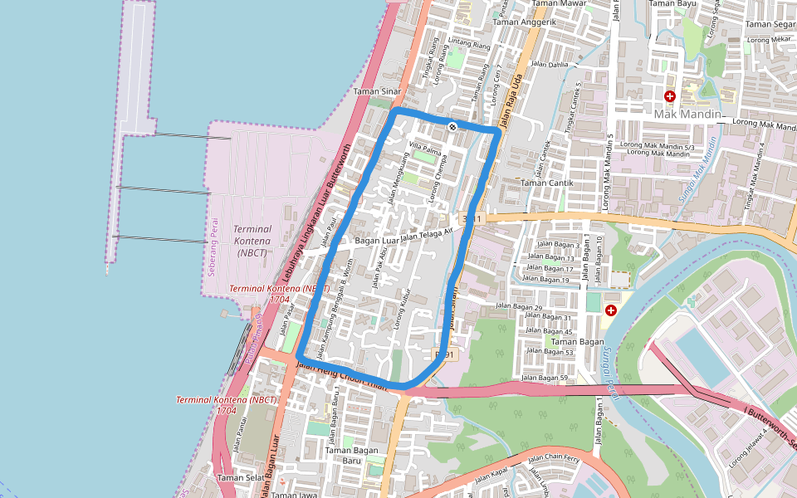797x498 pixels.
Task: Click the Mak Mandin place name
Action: (x=688, y=114)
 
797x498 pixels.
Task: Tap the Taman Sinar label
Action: (x=378, y=91)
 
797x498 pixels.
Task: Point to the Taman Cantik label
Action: (x=544, y=182)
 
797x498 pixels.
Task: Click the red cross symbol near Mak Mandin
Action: (x=670, y=96)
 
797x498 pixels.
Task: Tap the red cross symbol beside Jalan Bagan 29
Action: (x=611, y=310)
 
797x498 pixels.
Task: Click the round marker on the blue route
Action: (x=452, y=126)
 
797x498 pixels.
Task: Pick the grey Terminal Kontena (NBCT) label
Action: (x=253, y=240)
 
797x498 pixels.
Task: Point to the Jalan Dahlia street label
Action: (x=550, y=64)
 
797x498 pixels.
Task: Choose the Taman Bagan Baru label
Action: (x=353, y=456)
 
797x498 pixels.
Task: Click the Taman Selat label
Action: (x=241, y=478)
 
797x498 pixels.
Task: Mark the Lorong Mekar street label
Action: (x=769, y=39)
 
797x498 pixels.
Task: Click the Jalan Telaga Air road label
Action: (x=428, y=236)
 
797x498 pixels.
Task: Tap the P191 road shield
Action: (x=447, y=354)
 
